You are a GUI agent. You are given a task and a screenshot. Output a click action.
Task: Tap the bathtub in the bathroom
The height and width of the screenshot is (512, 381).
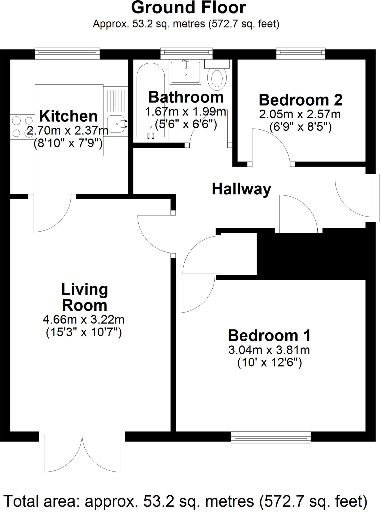[150, 100]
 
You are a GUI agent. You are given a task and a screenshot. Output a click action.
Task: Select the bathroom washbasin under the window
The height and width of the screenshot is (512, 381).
[185, 72]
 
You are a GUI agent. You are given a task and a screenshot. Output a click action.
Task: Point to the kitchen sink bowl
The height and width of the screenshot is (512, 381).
[116, 124]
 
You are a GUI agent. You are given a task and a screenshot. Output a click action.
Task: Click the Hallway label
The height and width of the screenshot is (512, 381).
[241, 189]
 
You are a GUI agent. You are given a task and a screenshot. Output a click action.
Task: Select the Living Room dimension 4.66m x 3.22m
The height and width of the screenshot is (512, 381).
[84, 319]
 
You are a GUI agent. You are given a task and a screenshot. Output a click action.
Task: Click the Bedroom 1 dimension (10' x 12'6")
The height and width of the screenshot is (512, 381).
[269, 362]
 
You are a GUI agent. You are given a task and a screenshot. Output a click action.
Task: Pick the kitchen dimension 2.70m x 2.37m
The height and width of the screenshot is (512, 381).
[67, 131]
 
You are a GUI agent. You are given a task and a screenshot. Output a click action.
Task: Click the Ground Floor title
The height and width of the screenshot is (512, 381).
[188, 8]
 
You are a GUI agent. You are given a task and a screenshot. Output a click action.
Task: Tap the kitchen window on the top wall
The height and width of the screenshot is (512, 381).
[67, 52]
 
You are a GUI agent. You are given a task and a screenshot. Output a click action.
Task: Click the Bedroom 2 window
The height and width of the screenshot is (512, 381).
[301, 52]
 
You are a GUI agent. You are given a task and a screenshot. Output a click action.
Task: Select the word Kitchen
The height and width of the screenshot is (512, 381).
[68, 116]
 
